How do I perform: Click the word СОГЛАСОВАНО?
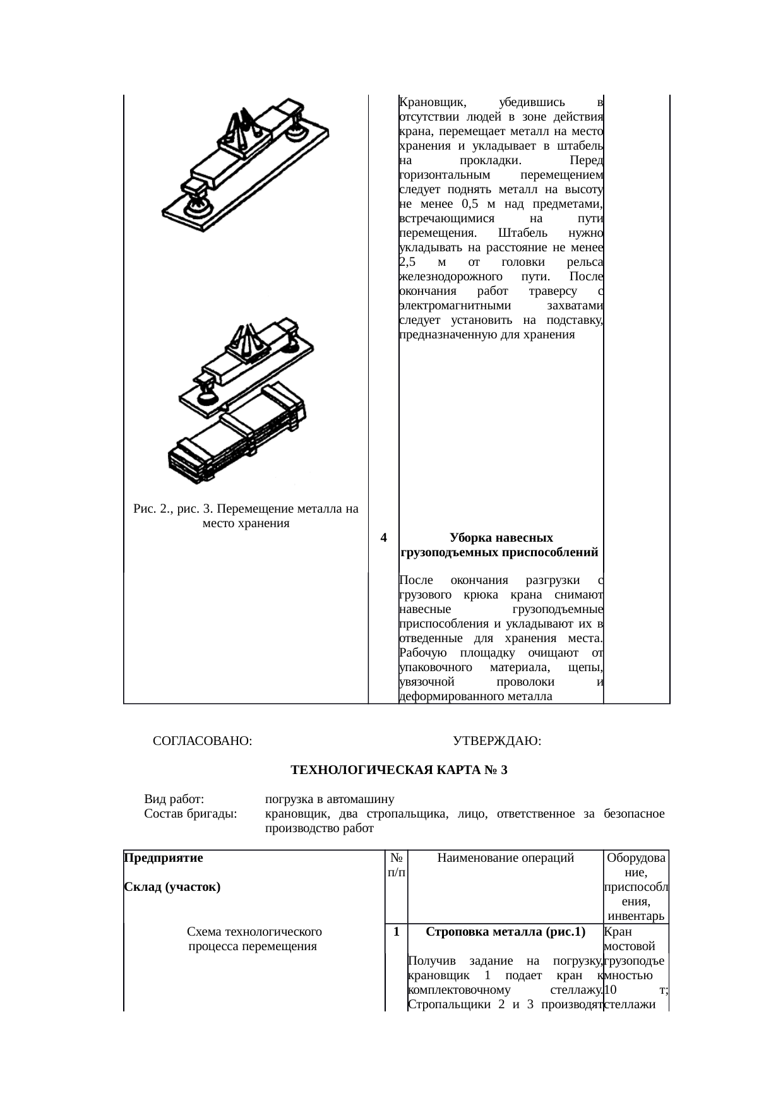202,741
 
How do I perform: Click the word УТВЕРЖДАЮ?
496,741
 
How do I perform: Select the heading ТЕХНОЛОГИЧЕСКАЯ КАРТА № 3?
398,770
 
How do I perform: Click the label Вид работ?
174,799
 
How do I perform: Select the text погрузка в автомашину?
329,799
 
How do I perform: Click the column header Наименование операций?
505,858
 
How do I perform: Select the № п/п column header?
397,865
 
